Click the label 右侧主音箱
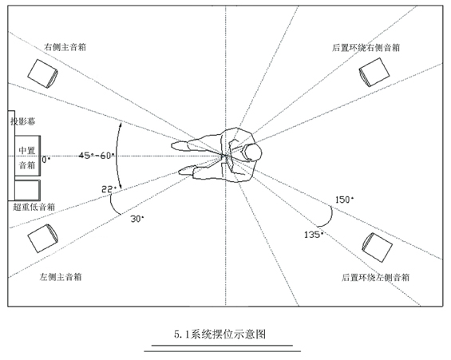[x=65, y=47]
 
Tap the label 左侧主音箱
[x=61, y=277]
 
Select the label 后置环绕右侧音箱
[x=366, y=47]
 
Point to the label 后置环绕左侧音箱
[x=376, y=278]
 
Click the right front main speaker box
[x=42, y=73]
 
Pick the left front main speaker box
[x=42, y=239]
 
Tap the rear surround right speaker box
[x=374, y=72]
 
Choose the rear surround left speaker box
[x=377, y=247]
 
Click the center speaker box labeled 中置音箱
[x=28, y=156]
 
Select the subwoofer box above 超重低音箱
[x=27, y=190]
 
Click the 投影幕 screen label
[x=23, y=121]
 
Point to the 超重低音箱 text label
[x=34, y=207]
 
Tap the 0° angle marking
[x=46, y=160]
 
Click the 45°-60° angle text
[x=97, y=156]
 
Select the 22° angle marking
[x=109, y=189]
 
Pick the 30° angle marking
[x=137, y=219]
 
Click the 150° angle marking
[x=344, y=200]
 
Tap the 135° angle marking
[x=314, y=235]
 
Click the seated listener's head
[x=251, y=152]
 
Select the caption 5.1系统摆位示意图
[x=220, y=334]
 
